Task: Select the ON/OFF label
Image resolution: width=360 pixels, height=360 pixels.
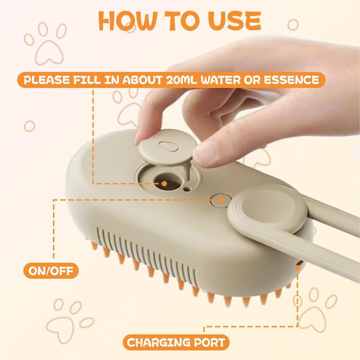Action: (x=51, y=271)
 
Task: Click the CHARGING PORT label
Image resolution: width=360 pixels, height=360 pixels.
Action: (x=176, y=343)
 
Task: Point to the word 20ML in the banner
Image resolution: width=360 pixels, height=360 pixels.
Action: (x=182, y=80)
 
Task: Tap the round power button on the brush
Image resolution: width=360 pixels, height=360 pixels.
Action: (x=221, y=201)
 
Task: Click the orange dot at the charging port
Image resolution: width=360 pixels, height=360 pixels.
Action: (x=298, y=268)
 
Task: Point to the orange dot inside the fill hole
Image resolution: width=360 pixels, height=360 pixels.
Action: (x=164, y=184)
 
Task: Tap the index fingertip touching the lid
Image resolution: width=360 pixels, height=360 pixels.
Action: (x=143, y=135)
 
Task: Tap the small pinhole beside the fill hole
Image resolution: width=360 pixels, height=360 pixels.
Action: (x=188, y=189)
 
